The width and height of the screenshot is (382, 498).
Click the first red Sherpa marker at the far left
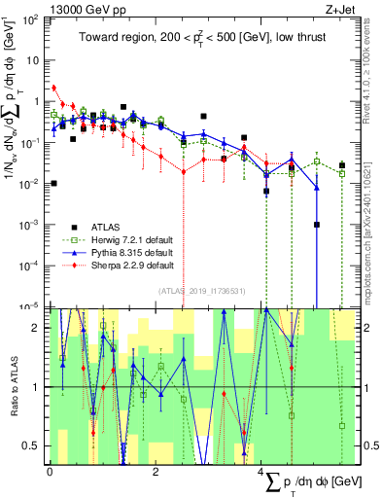[54, 87]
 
